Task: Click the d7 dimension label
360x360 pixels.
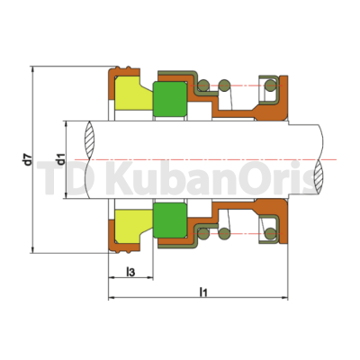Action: coord(28,159)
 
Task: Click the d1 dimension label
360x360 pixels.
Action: coord(61,159)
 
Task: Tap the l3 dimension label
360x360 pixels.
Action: coord(130,272)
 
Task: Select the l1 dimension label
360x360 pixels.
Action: coord(203,292)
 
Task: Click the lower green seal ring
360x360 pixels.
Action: coord(170,220)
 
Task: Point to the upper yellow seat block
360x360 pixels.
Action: coord(134,93)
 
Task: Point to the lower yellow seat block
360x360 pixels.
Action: coord(134,226)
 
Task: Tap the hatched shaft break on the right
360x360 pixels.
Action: coord(319,177)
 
